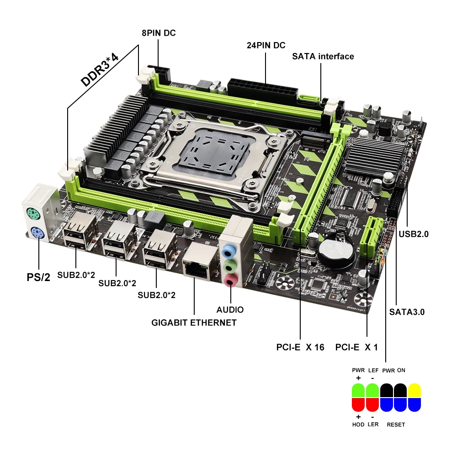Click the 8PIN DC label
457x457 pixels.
click(158, 33)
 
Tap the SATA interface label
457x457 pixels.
click(323, 56)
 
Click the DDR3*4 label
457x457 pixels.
click(100, 70)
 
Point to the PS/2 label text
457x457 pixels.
click(38, 277)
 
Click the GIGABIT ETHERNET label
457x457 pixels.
click(194, 323)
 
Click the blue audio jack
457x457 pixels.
click(229, 251)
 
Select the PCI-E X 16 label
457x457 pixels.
click(300, 347)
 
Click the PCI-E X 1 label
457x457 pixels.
click(356, 347)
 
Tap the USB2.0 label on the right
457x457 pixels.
click(414, 234)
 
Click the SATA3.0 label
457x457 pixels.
click(407, 313)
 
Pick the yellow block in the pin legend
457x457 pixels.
click(414, 391)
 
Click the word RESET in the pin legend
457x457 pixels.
click(396, 425)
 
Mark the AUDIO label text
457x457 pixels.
click(230, 310)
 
